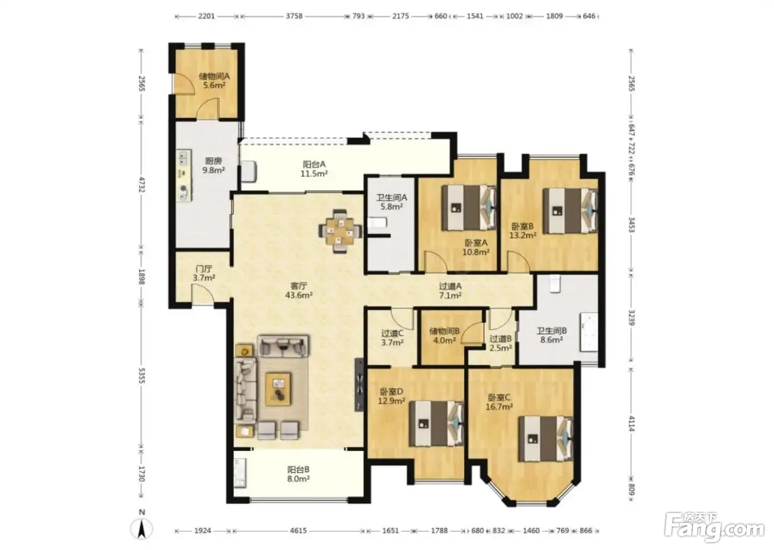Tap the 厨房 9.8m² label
213,165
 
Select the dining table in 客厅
341,231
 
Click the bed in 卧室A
469,208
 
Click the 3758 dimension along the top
294,16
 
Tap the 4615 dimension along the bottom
298,530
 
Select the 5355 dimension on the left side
142,376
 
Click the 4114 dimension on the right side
631,424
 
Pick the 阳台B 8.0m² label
298,474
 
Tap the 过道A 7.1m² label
450,290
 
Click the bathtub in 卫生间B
589,332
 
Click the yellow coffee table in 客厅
278,389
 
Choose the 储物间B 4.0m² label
444,336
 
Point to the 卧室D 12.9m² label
391,396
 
